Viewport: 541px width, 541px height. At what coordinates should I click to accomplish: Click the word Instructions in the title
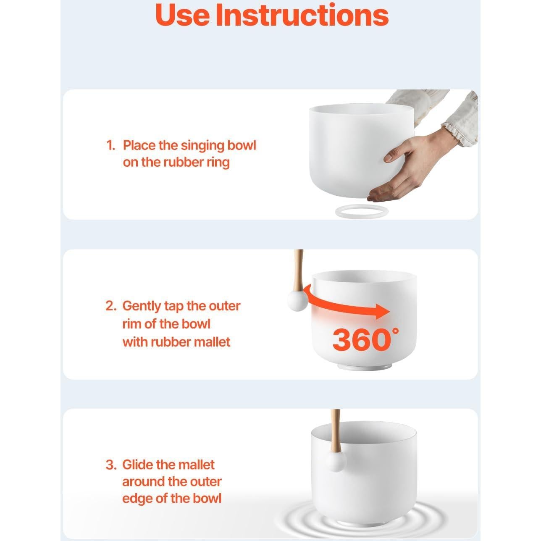(302, 15)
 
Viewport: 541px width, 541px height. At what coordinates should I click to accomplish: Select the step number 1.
(110, 145)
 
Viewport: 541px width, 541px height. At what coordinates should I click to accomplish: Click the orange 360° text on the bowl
(365, 339)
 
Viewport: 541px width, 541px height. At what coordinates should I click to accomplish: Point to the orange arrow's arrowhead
(382, 311)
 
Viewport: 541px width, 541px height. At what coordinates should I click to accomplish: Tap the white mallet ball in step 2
(298, 301)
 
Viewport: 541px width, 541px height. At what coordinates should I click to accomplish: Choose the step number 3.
(111, 465)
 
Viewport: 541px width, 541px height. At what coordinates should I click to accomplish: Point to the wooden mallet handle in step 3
(336, 431)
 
